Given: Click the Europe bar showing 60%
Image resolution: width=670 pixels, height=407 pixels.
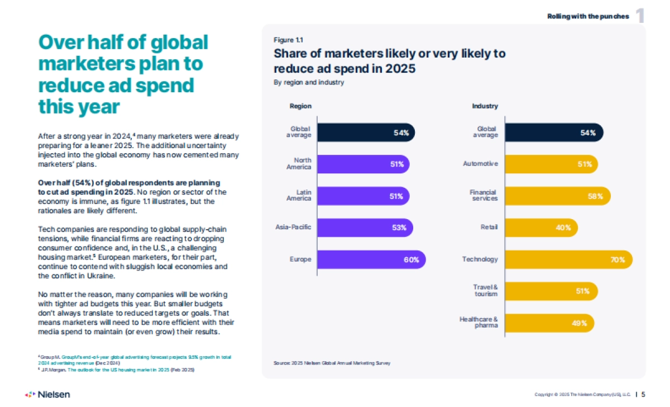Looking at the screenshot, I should coord(371,259).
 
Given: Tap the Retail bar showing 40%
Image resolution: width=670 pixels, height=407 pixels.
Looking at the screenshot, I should coord(541,228).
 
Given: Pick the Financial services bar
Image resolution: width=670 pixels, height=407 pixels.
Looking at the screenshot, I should coord(557,196).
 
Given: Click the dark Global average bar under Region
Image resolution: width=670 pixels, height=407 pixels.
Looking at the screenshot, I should coord(366,132).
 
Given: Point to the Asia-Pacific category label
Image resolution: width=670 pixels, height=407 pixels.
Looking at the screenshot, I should coord(294,228).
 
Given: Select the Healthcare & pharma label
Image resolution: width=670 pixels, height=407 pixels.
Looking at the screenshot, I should coord(478,323).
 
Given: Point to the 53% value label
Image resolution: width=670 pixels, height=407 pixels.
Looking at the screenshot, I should coord(400,228).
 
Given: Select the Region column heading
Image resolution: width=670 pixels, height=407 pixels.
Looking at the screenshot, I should coord(300,106).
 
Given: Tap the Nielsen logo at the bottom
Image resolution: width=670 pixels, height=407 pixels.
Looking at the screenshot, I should coord(47,394).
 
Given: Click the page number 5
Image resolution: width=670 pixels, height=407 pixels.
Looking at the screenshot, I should coord(643,394).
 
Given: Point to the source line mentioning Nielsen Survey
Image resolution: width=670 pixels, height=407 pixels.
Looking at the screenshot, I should coord(332,363).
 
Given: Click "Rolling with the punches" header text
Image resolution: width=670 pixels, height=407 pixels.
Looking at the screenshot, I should coord(588,16).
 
